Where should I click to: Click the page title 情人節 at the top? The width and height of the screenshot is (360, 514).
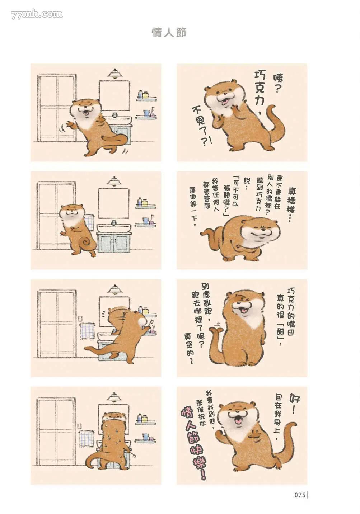[169, 33]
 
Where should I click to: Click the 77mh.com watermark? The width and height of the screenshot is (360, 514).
[37, 15]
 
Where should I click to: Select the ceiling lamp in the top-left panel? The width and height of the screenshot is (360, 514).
[114, 73]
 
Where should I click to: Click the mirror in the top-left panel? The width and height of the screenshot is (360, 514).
[114, 95]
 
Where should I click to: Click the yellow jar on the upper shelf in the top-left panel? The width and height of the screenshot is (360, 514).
[146, 94]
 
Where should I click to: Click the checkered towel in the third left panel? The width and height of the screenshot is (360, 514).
[87, 331]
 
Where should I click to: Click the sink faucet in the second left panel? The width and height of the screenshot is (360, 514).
[113, 222]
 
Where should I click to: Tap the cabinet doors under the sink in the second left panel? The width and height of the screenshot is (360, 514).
[114, 242]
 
